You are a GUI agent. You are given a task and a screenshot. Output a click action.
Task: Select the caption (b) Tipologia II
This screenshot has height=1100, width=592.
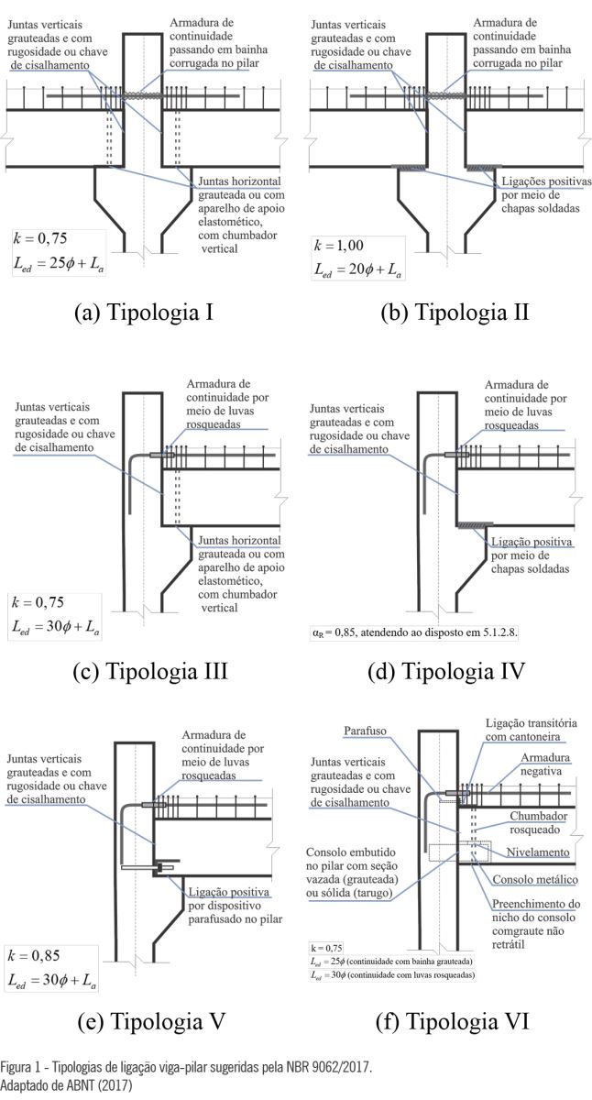point(455,312)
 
